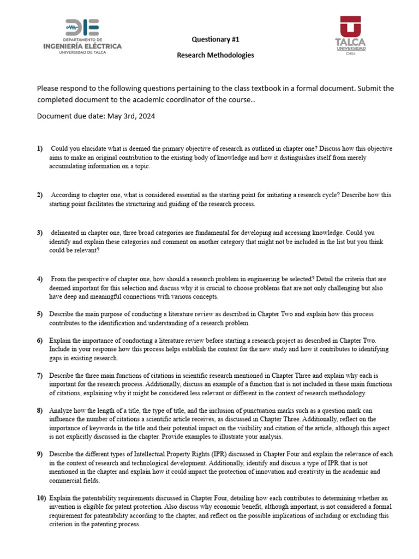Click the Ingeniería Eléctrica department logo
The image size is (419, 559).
(x=82, y=36)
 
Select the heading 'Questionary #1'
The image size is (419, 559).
(x=215, y=39)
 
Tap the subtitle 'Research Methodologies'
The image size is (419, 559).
(x=215, y=55)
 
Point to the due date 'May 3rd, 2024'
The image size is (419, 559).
(x=131, y=116)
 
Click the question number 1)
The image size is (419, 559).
(x=40, y=148)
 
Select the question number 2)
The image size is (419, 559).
(x=40, y=195)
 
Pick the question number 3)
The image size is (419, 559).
(x=40, y=233)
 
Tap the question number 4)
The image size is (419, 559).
(x=40, y=279)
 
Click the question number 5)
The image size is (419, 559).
(x=40, y=314)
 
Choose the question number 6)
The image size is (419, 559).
(x=40, y=341)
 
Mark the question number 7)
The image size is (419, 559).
(x=40, y=376)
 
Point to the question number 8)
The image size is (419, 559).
(x=40, y=411)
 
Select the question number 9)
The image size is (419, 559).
(x=40, y=454)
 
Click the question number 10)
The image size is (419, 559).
(x=41, y=498)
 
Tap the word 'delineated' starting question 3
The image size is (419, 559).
(x=67, y=233)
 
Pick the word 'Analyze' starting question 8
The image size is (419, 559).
(x=62, y=411)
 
